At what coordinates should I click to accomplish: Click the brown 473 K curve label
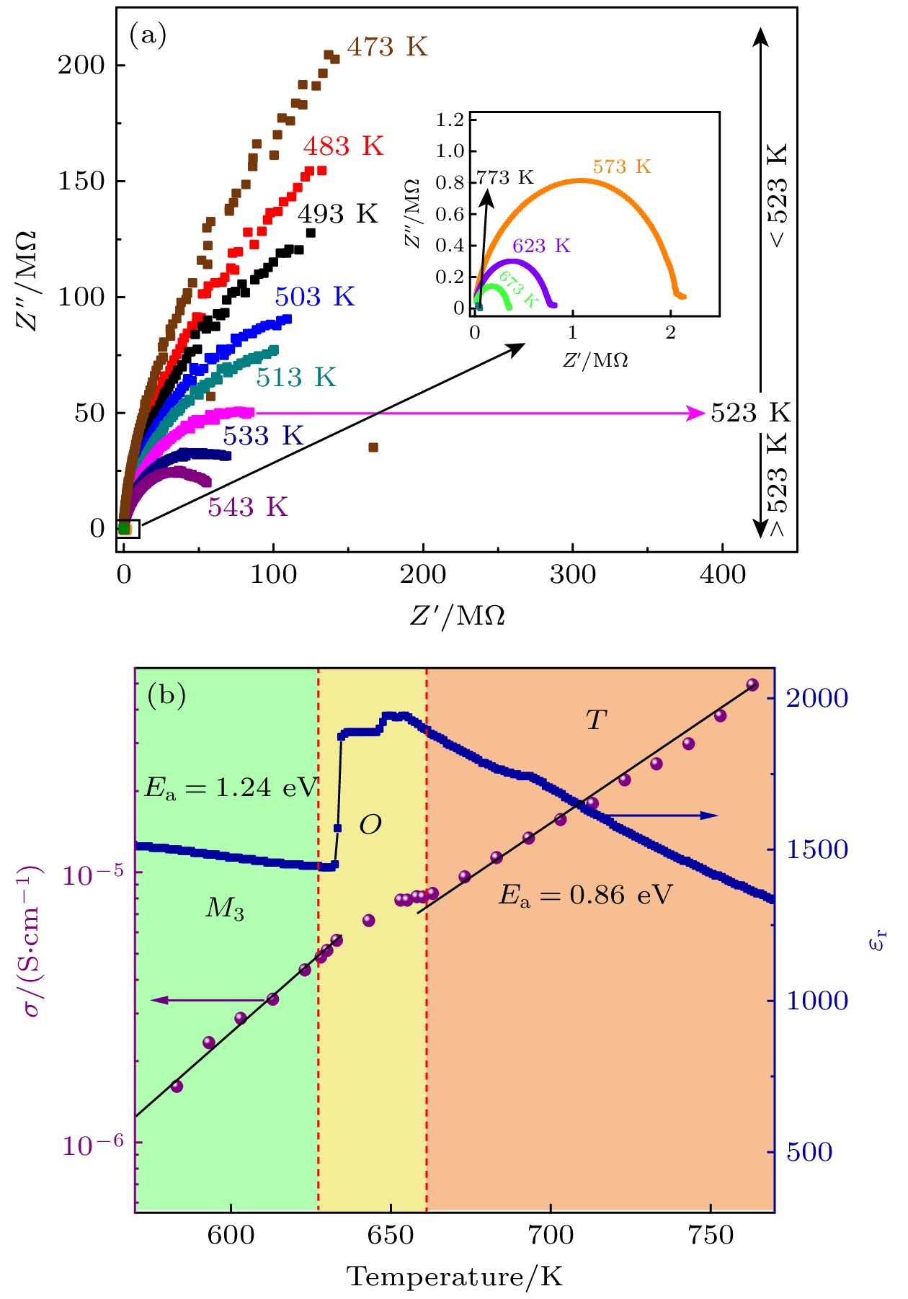(387, 48)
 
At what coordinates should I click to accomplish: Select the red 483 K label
(343, 147)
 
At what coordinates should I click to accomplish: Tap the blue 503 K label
(315, 297)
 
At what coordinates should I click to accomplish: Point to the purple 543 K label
(248, 507)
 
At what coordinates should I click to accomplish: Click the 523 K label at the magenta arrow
(750, 413)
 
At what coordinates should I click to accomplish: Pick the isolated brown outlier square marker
(373, 447)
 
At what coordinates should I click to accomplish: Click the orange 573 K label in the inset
(622, 167)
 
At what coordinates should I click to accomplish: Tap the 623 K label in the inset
(541, 246)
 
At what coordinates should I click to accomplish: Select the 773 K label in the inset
(505, 178)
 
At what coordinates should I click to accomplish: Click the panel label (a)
(148, 35)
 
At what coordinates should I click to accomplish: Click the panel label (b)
(166, 695)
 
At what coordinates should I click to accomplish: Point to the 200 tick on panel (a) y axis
(81, 66)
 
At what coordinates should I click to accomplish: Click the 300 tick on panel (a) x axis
(573, 575)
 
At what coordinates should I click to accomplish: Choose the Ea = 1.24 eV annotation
(231, 787)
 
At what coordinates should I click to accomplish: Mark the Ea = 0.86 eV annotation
(585, 896)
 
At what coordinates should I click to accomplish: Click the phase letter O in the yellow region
(370, 825)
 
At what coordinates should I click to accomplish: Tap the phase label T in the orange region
(595, 720)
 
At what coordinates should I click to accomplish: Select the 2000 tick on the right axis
(816, 698)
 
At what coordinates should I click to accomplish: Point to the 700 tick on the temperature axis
(551, 1236)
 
